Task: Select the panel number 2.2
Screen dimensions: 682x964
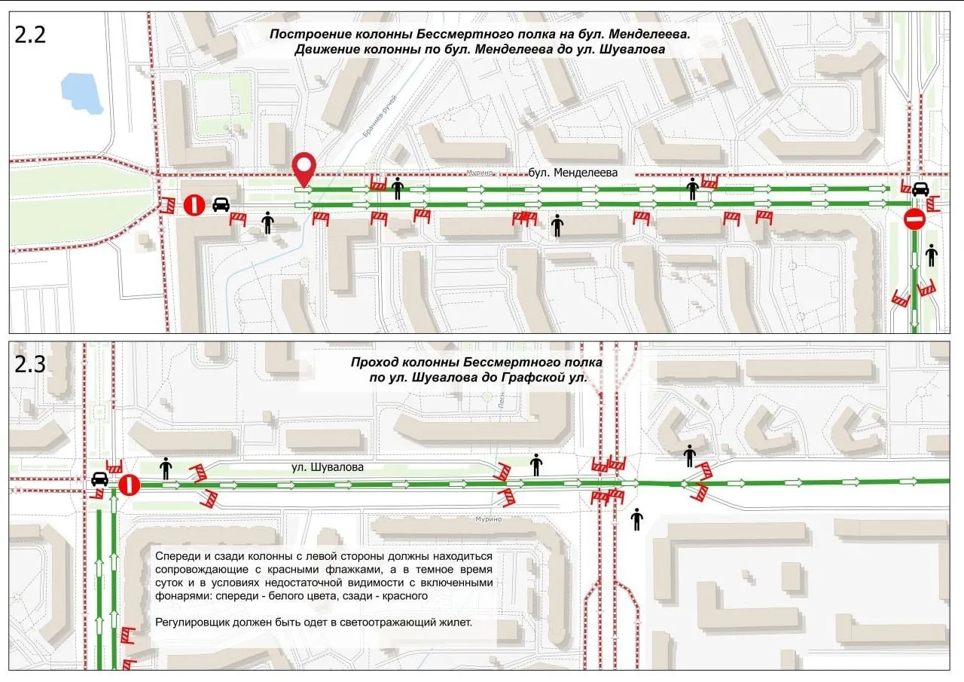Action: [x=30, y=35]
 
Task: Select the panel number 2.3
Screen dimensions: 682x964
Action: [x=30, y=364]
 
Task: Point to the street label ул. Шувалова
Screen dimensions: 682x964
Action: [x=328, y=467]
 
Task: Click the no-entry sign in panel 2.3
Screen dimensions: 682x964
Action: [x=129, y=484]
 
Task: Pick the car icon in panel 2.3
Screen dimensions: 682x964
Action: [x=99, y=479]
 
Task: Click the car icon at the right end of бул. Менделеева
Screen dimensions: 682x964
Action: [x=920, y=188]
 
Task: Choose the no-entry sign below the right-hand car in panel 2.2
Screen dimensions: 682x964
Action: [x=914, y=220]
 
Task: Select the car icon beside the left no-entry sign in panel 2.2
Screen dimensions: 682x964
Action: [x=221, y=204]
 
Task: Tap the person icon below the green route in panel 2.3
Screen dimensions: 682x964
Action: [x=637, y=519]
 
